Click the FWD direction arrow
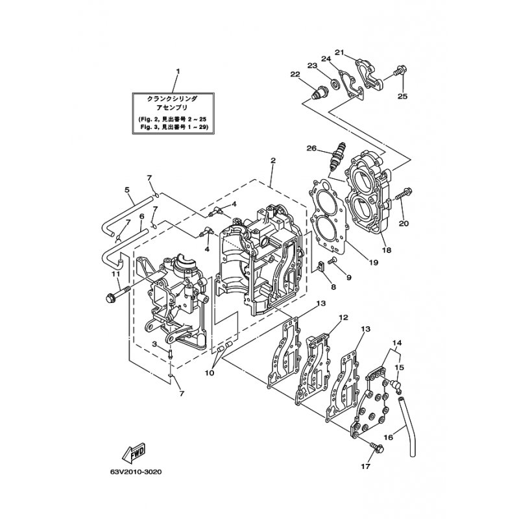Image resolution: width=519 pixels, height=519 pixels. (x=134, y=452)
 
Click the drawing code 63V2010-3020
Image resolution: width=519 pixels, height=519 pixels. (x=136, y=472)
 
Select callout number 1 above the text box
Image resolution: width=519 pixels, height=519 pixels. (x=178, y=71)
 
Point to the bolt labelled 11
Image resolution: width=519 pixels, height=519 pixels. (x=117, y=293)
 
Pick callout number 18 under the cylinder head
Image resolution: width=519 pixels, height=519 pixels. (x=386, y=250)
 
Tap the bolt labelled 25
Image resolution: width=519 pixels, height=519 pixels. (x=400, y=71)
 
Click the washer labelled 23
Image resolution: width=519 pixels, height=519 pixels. (x=334, y=84)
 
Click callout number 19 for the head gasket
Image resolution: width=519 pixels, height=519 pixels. (x=374, y=263)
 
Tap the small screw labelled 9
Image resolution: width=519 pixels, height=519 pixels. (x=332, y=261)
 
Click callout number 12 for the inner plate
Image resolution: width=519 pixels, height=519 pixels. (x=344, y=317)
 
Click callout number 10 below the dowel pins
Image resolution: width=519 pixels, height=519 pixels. (x=210, y=373)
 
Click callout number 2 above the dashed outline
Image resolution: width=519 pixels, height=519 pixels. (x=272, y=160)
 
